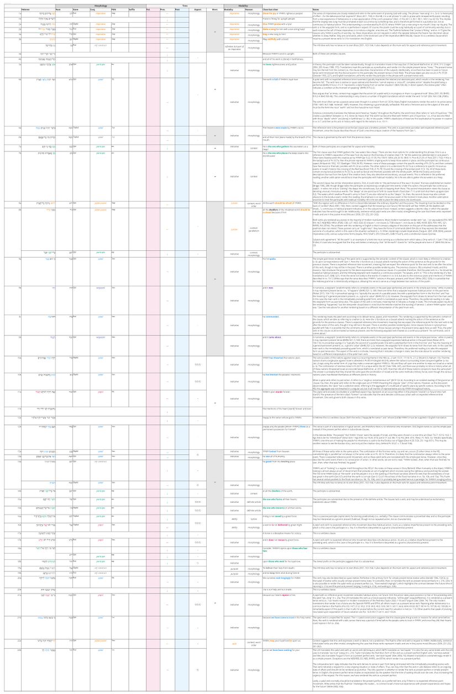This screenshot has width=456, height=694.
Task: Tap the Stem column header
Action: (x=75, y=9)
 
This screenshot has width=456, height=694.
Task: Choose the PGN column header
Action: (x=113, y=9)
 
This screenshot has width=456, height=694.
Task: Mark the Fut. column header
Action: (x=149, y=9)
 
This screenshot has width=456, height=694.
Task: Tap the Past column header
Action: (x=180, y=9)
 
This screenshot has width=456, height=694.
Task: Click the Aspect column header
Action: (x=197, y=9)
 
